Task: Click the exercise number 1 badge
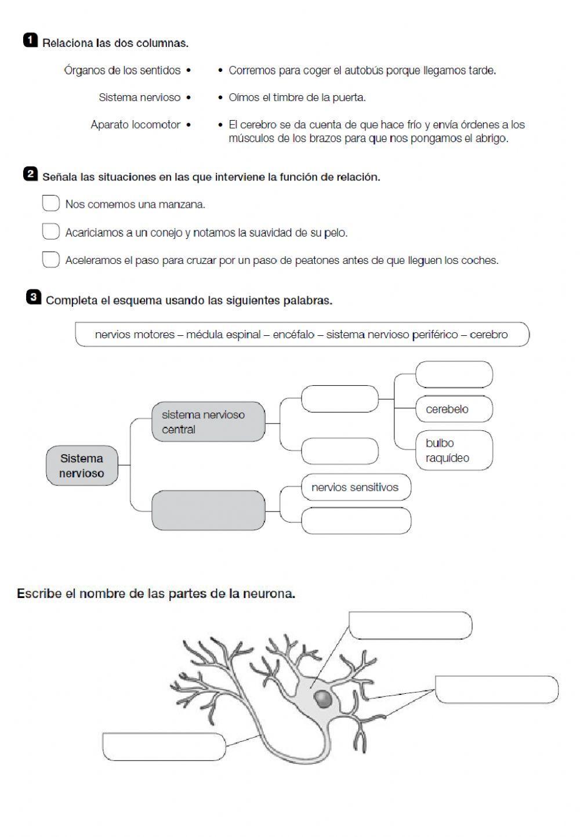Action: coord(30,40)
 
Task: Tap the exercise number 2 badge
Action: coord(30,174)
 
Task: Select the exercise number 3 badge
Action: coord(34,298)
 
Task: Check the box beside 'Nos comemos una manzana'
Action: coord(51,204)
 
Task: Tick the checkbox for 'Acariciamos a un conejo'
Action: coord(51,231)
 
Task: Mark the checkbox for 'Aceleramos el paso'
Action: coord(51,259)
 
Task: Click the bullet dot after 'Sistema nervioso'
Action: coord(188,97)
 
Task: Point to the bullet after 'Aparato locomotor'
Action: coord(188,125)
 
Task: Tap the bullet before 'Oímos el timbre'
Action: coord(220,97)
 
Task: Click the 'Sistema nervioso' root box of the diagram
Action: coord(82,466)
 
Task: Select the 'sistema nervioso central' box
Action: coord(208,422)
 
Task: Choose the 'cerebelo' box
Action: coord(454,409)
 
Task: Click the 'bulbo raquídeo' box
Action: coord(454,451)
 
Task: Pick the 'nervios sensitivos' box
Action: coord(356,487)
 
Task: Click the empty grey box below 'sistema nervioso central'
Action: coord(208,510)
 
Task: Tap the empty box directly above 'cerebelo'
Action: coord(454,374)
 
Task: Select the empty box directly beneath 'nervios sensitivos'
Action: coord(356,520)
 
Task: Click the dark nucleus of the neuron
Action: coord(323,698)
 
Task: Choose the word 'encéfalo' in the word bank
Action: coord(293,335)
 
